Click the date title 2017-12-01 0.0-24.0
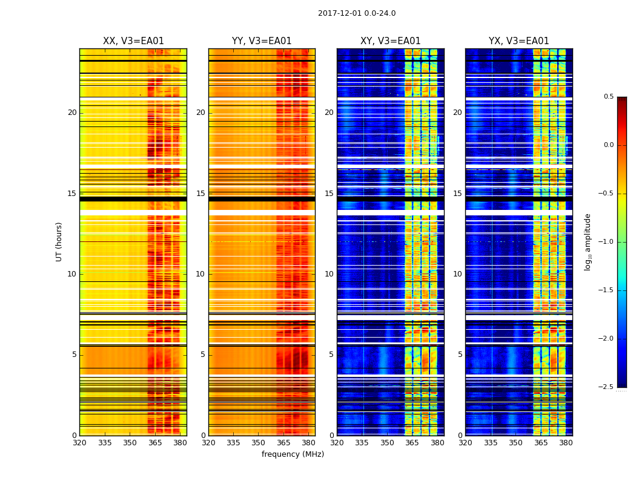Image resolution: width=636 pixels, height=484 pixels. (357, 13)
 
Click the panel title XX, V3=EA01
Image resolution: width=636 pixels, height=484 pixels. (133, 41)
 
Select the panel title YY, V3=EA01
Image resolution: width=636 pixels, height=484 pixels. (262, 41)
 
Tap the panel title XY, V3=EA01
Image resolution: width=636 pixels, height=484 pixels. (390, 41)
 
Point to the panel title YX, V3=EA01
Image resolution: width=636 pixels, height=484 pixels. (518, 41)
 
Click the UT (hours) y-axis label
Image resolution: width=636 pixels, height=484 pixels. (59, 241)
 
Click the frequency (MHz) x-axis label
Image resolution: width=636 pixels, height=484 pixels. (293, 454)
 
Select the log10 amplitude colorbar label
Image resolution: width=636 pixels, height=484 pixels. (588, 241)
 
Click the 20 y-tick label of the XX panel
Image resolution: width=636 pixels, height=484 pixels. (72, 113)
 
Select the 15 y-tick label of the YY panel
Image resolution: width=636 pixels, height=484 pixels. (200, 194)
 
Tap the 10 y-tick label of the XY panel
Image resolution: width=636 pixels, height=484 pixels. (329, 274)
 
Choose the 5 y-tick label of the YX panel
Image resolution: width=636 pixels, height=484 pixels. (460, 355)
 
